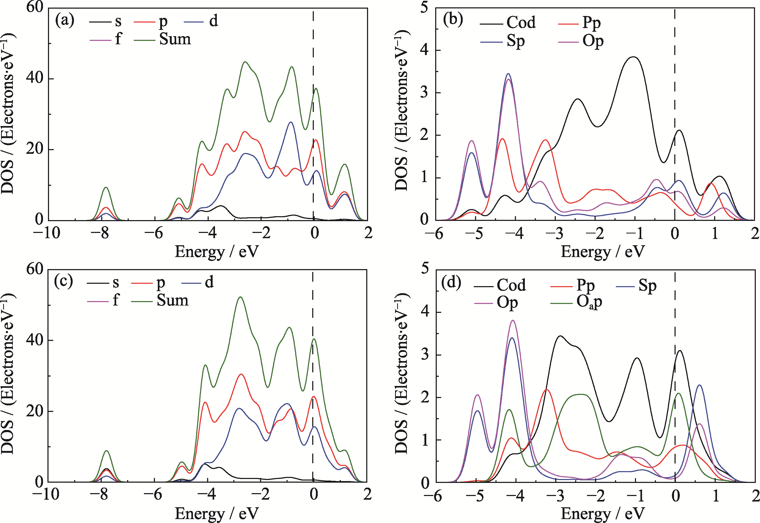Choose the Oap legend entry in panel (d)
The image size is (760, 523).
click(x=589, y=302)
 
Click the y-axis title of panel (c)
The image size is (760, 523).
click(x=8, y=374)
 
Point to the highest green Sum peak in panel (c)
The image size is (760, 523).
click(x=241, y=297)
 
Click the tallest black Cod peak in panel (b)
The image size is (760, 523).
click(x=634, y=57)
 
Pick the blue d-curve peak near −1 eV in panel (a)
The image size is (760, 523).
click(x=291, y=122)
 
